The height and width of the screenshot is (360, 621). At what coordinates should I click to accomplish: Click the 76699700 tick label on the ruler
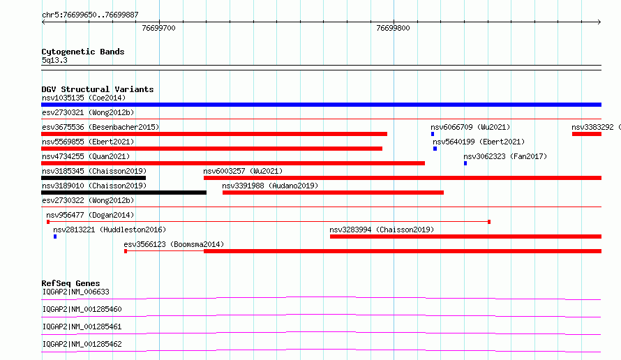(158, 28)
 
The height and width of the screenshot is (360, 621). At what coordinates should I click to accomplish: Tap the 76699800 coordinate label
(393, 28)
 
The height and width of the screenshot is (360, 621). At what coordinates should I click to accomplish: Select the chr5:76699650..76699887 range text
(90, 15)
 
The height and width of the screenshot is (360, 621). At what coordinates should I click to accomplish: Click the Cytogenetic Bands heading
(83, 52)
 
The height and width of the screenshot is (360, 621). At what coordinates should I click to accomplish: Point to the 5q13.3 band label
(54, 60)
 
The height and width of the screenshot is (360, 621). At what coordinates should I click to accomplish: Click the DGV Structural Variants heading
(98, 89)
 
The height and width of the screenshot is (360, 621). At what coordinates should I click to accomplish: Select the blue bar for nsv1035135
(321, 105)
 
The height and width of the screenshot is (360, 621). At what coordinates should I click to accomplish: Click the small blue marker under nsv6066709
(433, 134)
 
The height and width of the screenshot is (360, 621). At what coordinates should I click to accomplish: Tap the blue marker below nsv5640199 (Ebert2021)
(435, 149)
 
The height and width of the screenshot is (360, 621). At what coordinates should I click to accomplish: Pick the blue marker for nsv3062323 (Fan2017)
(465, 163)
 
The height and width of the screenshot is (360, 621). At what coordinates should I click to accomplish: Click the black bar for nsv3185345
(93, 178)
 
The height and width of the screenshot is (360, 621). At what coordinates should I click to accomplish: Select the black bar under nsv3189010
(124, 193)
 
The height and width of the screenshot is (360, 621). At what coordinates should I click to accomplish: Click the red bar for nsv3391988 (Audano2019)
(333, 193)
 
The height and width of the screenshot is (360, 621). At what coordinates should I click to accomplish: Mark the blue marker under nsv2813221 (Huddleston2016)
(55, 237)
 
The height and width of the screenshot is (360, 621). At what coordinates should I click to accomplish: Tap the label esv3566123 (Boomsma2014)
(174, 244)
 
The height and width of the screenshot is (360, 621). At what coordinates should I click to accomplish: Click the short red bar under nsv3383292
(587, 134)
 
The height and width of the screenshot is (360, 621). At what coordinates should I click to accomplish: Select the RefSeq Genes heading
(71, 283)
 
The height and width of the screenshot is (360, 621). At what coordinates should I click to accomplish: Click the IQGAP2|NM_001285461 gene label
(82, 327)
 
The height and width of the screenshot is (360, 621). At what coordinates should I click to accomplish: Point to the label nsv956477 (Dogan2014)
(90, 215)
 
